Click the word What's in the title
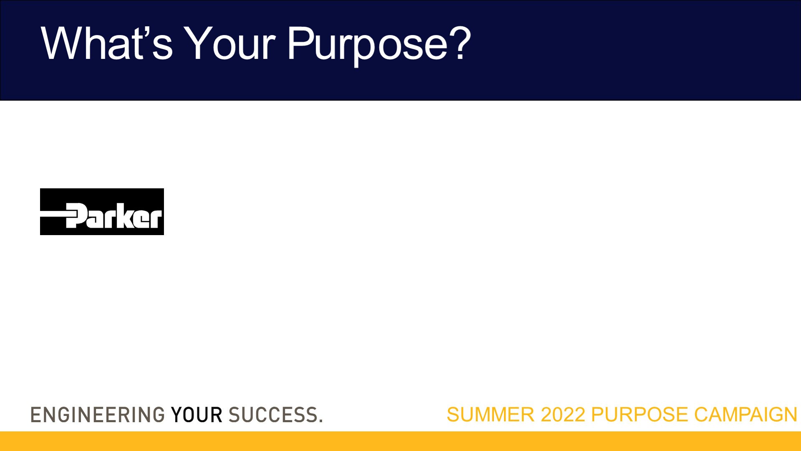[x=107, y=43]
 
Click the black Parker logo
[x=102, y=212]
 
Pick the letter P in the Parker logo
[x=77, y=216]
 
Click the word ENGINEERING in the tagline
[x=98, y=415]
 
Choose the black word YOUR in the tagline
[x=196, y=415]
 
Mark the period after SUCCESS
[x=321, y=421]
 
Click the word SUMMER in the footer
[x=491, y=415]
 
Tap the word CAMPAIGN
[x=746, y=415]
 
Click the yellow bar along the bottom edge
[x=400, y=441]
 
